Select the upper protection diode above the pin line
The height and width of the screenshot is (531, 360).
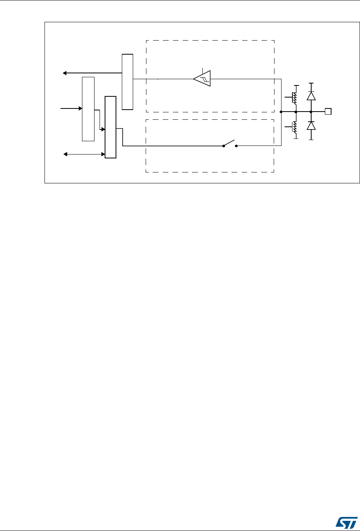pos(311,96)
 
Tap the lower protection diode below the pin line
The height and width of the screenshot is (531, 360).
pos(311,126)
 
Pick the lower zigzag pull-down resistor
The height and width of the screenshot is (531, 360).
pos(295,127)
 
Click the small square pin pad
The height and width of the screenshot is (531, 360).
pos(328,112)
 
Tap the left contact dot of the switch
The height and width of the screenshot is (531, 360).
pos(223,146)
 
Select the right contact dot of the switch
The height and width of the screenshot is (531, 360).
pos(236,146)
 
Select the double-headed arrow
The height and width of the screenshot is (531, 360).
pos(84,155)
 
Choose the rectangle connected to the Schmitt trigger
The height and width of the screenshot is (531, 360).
pos(127,82)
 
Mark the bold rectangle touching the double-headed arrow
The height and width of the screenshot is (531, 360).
pos(110,127)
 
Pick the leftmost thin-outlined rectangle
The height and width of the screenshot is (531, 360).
pos(88,109)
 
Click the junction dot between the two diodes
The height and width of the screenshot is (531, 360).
pos(311,112)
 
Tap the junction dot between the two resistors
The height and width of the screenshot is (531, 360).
pos(296,112)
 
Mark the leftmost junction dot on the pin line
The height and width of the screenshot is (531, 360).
pos(281,112)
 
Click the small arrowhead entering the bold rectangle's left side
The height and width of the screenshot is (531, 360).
pos(103,129)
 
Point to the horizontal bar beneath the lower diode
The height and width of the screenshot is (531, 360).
pos(311,139)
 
